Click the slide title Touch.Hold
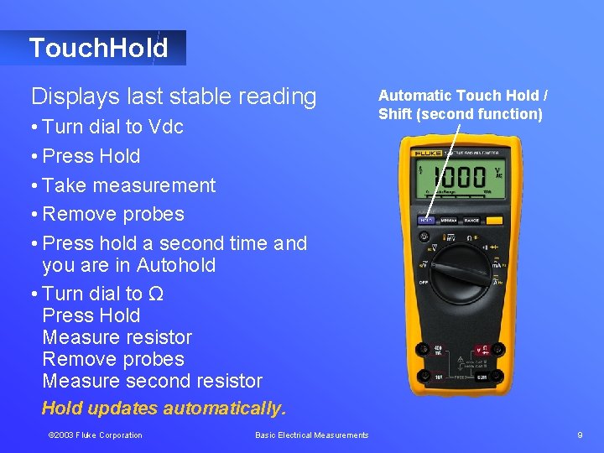tap(98, 48)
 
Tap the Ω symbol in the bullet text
tap(155, 294)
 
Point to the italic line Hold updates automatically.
tap(164, 409)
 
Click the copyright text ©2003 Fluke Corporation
tap(95, 435)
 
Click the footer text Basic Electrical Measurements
tap(311, 435)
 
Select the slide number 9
tap(580, 435)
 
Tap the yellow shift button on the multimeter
tap(495, 221)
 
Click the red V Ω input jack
tap(483, 349)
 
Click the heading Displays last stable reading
tap(174, 96)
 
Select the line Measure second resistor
tap(152, 380)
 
